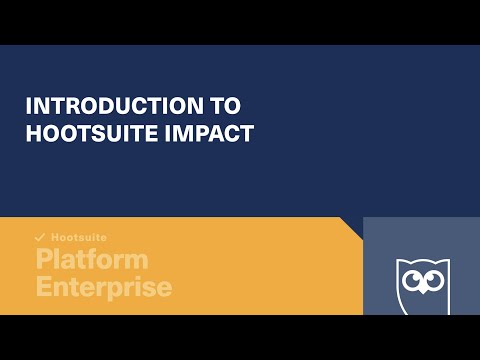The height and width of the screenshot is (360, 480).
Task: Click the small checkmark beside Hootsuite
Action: tap(40, 238)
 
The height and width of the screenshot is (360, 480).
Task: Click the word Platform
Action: tap(92, 260)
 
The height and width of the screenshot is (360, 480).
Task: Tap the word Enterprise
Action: tap(104, 287)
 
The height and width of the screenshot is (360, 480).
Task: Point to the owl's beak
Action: tap(421, 292)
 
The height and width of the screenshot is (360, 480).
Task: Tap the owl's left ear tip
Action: tap(399, 262)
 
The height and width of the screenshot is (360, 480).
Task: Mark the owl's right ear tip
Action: tap(444, 262)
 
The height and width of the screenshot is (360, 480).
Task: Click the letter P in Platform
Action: tap(44, 260)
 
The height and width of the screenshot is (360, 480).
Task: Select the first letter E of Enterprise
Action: tap(44, 287)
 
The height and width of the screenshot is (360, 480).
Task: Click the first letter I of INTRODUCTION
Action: tap(29, 106)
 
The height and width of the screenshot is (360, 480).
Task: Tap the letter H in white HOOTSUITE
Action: tap(33, 133)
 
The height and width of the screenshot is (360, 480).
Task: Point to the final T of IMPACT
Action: tap(247, 133)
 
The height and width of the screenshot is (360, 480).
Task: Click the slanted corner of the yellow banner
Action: tap(351, 227)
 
